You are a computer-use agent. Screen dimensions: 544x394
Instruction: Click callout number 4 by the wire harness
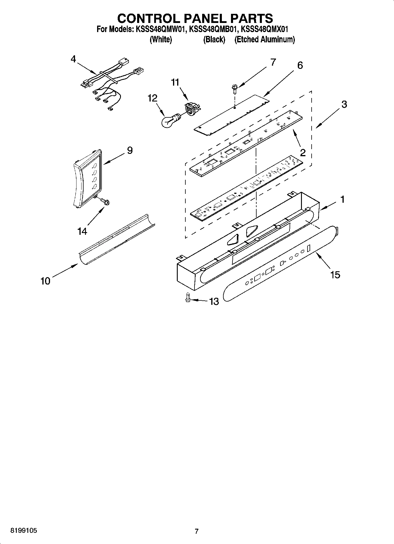[73, 59]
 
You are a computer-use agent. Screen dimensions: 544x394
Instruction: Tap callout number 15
[335, 275]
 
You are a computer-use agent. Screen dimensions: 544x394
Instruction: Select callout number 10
[45, 281]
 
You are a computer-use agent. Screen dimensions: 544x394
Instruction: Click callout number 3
[344, 104]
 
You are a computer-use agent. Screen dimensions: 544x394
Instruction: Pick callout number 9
[129, 151]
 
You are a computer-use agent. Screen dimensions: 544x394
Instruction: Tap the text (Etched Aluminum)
[264, 39]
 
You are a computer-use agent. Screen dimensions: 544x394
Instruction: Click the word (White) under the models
[161, 39]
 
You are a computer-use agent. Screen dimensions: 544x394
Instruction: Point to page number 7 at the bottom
[197, 531]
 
